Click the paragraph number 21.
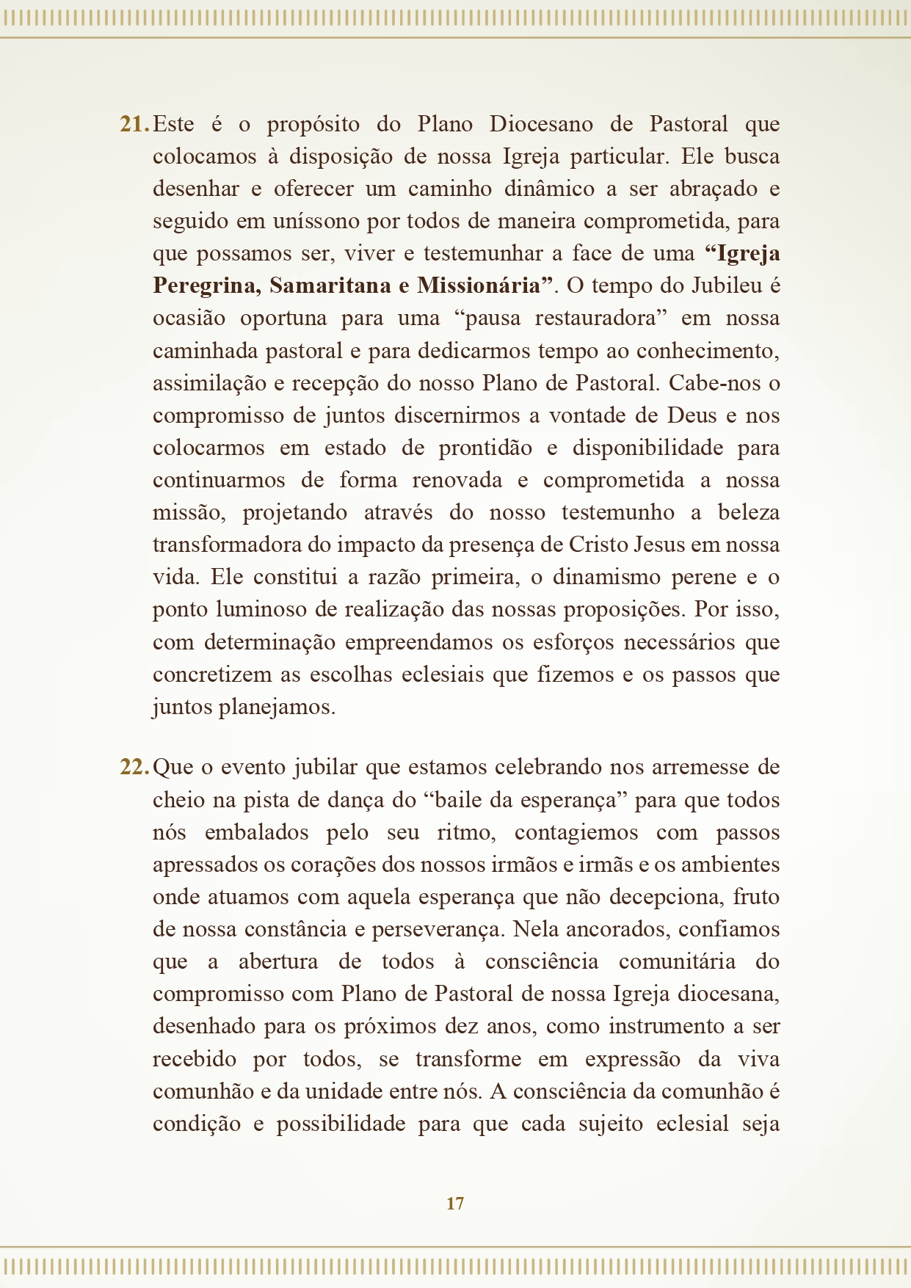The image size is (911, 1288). pyautogui.click(x=134, y=124)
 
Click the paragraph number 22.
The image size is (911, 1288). pyautogui.click(x=134, y=768)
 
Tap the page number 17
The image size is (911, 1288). pyautogui.click(x=455, y=1203)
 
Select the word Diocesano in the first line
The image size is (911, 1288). pyautogui.click(x=541, y=124)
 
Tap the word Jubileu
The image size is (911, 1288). pyautogui.click(x=727, y=285)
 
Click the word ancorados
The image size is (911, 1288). pyautogui.click(x=617, y=929)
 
